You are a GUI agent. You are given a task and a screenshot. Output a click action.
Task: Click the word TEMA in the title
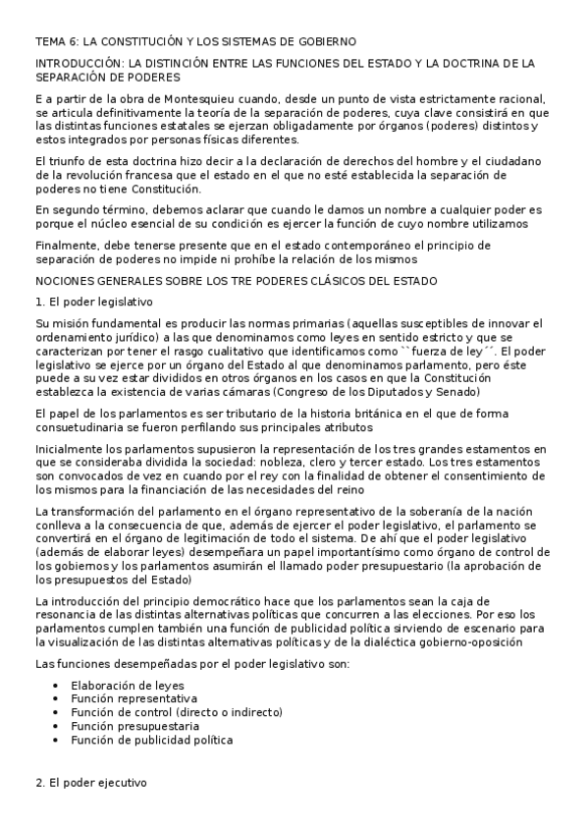(50, 41)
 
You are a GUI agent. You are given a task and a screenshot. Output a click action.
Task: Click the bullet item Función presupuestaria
(134, 726)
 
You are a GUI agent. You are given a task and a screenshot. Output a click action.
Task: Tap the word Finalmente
(65, 245)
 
